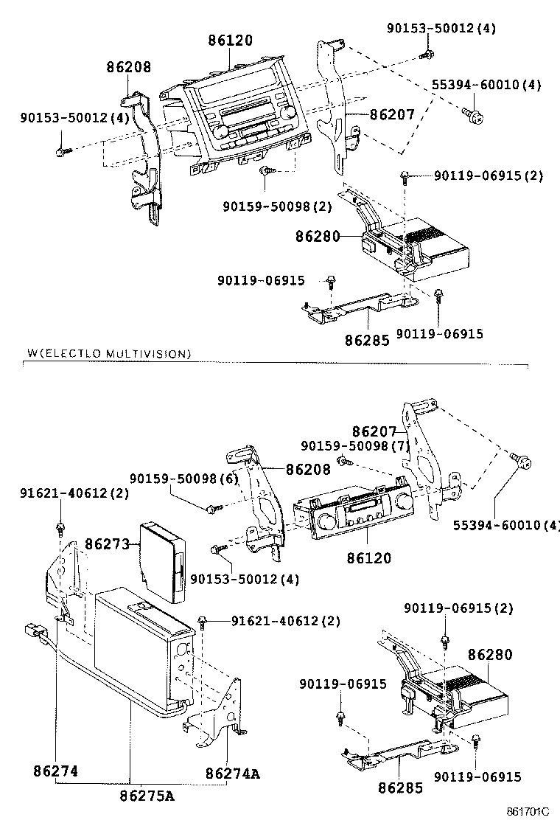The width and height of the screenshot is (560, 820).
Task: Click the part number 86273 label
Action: point(107,544)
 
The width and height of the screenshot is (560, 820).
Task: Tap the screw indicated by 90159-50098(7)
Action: point(343,461)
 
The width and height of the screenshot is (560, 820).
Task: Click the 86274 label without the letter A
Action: point(55,772)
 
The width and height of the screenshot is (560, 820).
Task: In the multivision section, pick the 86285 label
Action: point(401,788)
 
